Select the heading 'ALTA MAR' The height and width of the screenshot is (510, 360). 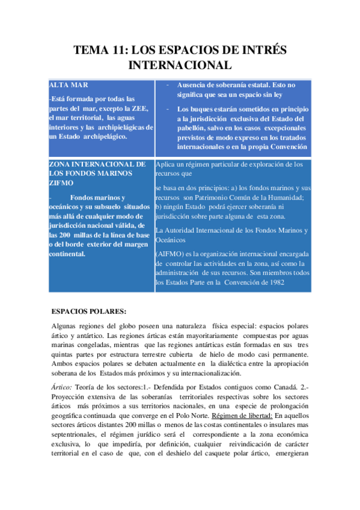pos(69,85)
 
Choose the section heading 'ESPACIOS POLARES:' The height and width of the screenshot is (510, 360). pos(89,311)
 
